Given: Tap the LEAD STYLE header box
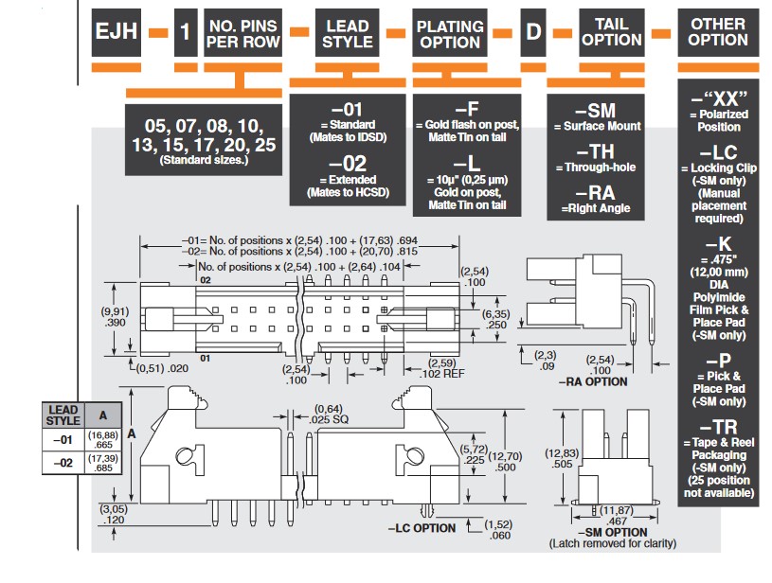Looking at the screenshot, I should click(x=347, y=32).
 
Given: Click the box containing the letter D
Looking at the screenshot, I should click(x=534, y=32).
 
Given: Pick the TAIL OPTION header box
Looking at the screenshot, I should click(x=612, y=32).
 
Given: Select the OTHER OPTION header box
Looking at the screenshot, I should click(x=717, y=32).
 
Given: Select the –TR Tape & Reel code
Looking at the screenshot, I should click(x=718, y=428).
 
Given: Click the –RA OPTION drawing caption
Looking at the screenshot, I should click(x=595, y=381).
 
